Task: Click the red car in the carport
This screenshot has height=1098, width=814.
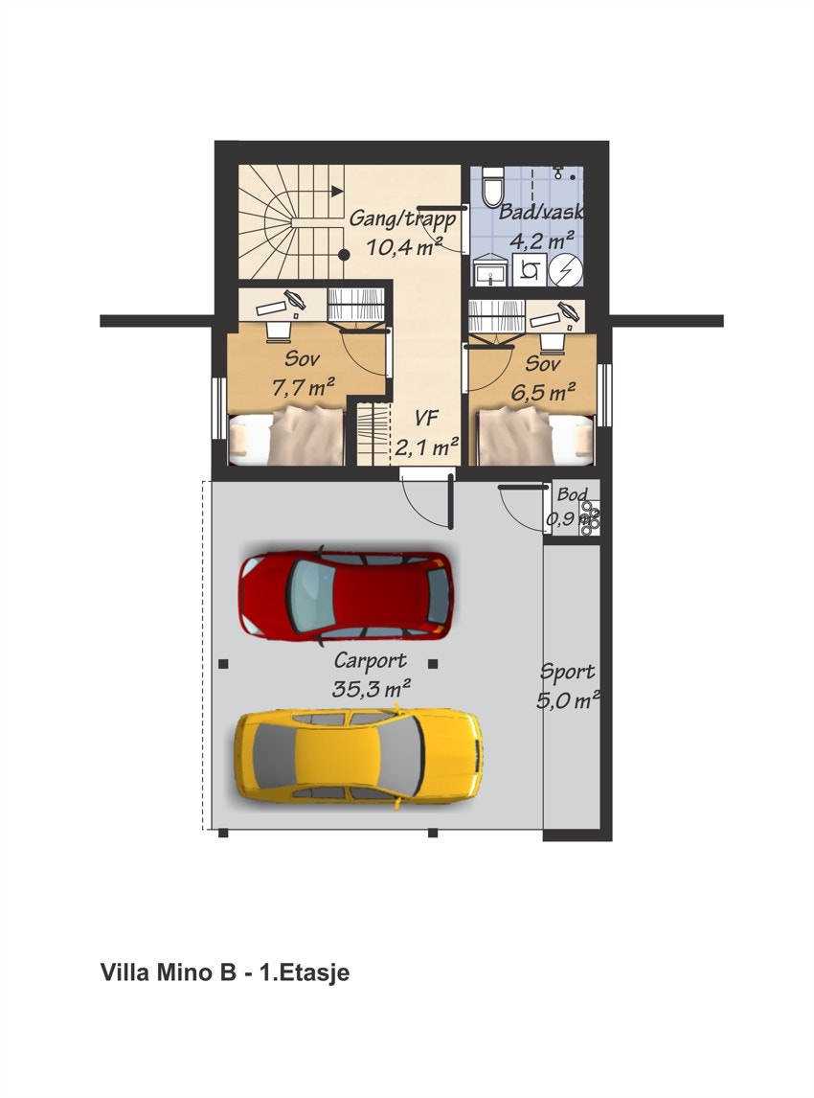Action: pos(346,595)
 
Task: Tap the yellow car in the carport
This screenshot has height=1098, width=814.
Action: pos(359,755)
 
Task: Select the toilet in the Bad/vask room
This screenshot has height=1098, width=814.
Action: pos(493,185)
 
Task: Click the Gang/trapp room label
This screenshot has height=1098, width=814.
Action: pos(401,217)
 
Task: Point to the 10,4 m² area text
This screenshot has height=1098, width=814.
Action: pos(403,246)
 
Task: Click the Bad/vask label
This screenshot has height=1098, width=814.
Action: pos(541,213)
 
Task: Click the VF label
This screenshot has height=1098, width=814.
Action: pos(427,418)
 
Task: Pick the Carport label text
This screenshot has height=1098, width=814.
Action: pos(370,661)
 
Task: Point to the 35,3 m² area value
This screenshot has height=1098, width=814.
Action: pos(372,687)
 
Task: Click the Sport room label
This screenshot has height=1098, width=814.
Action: pos(567,672)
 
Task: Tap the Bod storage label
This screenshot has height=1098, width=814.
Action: pos(573,495)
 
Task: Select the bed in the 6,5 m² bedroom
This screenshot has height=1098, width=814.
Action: pos(536,437)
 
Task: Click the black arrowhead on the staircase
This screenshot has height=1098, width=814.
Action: pos(337,191)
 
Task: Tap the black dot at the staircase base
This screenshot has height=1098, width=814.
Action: pos(343,255)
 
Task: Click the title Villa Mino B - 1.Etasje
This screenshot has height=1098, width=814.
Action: pos(225,973)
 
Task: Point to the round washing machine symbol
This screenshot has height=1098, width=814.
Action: pos(566,269)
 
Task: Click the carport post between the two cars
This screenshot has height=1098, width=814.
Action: pos(433,663)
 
